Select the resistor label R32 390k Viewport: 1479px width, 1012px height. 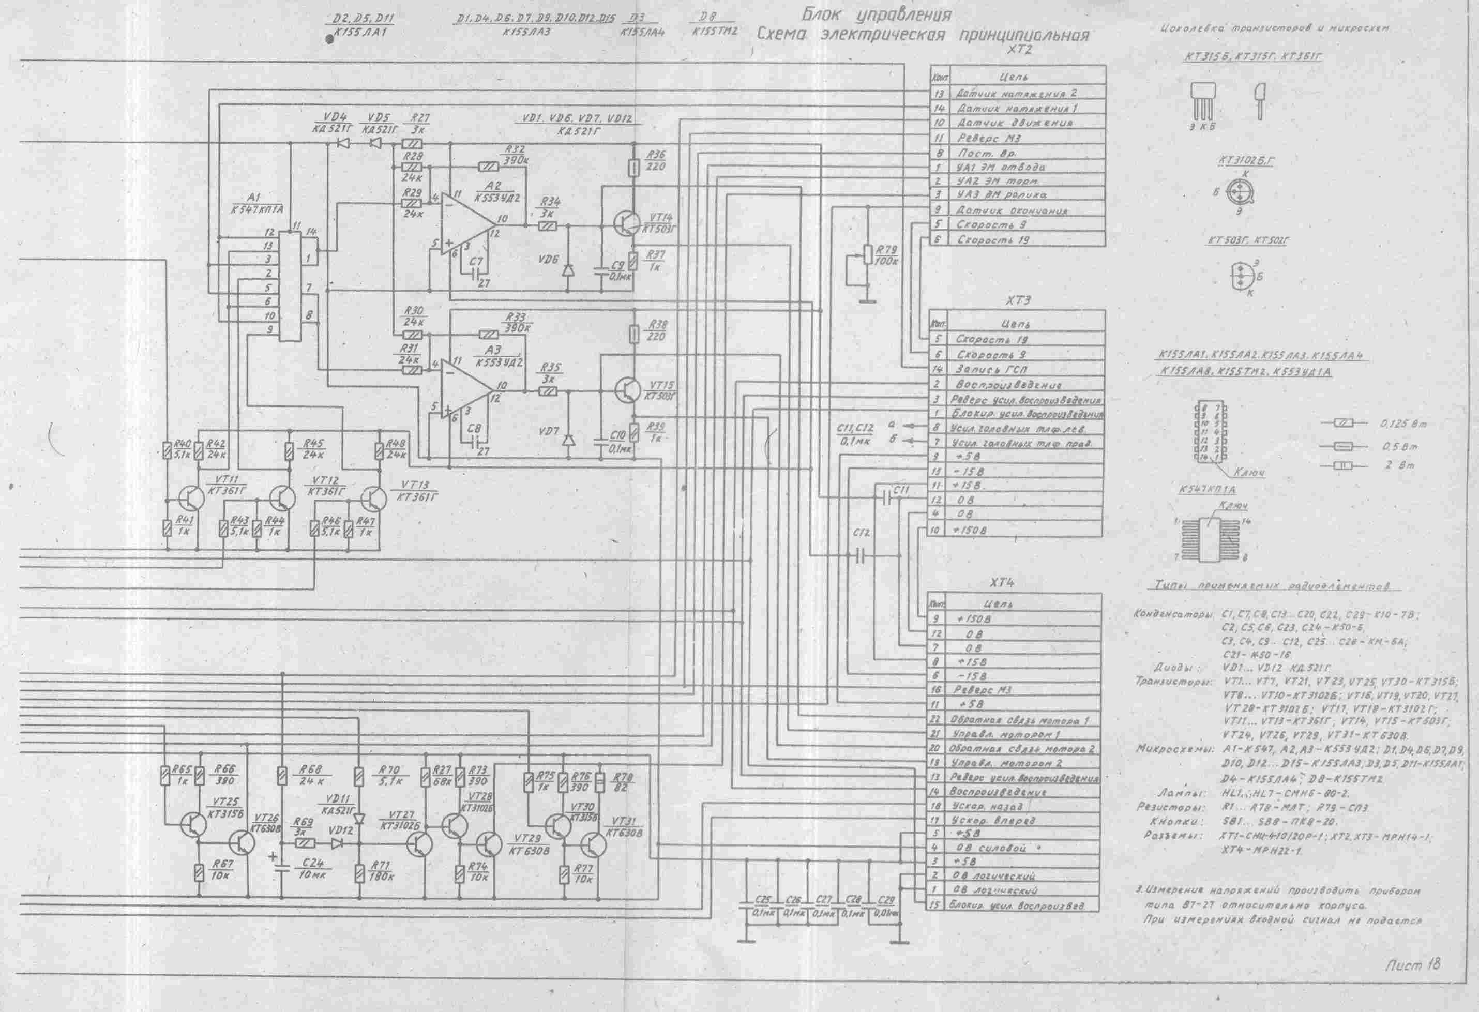pos(516,154)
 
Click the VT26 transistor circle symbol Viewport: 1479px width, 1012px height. pos(243,843)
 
